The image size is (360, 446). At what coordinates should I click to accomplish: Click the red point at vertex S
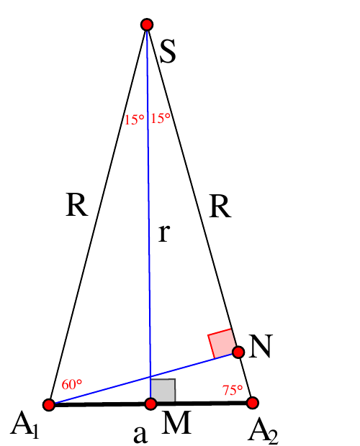click(x=147, y=24)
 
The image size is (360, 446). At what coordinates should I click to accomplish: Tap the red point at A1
click(x=49, y=404)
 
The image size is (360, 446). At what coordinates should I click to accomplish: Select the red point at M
click(x=150, y=404)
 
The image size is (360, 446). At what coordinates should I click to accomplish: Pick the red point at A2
click(x=253, y=403)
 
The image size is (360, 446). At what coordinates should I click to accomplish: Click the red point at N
click(x=238, y=352)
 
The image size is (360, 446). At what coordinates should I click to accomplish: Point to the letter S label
click(x=168, y=51)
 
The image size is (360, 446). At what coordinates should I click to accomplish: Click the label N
click(x=261, y=346)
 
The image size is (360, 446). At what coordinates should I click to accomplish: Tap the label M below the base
click(x=176, y=423)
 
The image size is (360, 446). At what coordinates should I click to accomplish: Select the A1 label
click(x=24, y=425)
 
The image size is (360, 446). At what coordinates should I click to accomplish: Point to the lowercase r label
click(x=164, y=233)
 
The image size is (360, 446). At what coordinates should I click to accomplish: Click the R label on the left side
click(x=77, y=205)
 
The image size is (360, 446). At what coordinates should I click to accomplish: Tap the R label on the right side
click(x=220, y=206)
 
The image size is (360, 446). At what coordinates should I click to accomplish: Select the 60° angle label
click(x=72, y=385)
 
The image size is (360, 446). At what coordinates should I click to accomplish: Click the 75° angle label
click(x=233, y=390)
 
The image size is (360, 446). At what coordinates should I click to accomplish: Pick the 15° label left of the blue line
click(x=135, y=119)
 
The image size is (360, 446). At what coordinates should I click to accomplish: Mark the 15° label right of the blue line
click(x=161, y=118)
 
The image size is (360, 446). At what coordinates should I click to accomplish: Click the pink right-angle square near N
click(x=222, y=343)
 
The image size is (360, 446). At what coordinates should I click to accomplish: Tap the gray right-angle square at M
click(x=163, y=390)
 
